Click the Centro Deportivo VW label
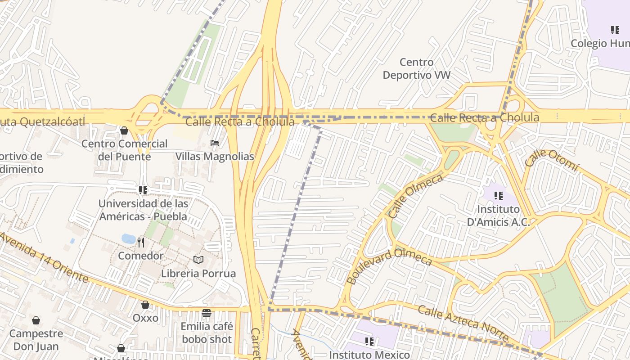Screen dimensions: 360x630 [416, 68]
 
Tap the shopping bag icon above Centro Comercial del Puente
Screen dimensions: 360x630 [124, 130]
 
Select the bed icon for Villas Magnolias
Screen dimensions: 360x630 [215, 144]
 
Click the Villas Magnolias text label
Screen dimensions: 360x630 [215, 157]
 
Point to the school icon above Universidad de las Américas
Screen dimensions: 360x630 [143, 190]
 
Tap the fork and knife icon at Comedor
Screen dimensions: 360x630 [141, 243]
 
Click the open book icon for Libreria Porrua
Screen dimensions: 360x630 [198, 260]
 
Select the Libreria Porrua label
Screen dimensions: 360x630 [198, 273]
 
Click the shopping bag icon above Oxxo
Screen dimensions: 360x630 [145, 305]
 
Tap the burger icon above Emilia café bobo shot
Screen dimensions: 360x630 [207, 313]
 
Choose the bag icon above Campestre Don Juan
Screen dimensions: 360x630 [36, 320]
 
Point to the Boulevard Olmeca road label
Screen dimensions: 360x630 [389, 265]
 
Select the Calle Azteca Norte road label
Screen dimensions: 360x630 [463, 323]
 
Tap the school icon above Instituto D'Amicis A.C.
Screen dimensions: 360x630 [498, 196]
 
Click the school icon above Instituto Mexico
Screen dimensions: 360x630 [369, 342]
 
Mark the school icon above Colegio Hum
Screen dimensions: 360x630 [615, 30]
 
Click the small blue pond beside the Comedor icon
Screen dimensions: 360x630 [128, 238]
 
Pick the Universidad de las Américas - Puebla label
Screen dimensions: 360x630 [143, 210]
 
